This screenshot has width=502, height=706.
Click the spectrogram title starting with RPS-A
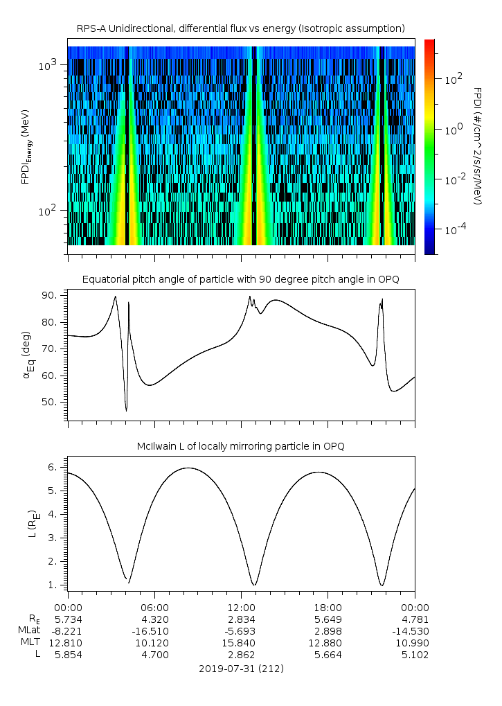point(240,28)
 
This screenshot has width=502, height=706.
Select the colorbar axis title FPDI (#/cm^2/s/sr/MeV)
point(478,146)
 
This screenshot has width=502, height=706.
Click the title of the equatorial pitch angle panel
point(240,279)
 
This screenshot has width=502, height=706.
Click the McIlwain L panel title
point(240,445)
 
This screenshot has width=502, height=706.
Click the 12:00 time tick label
point(241,608)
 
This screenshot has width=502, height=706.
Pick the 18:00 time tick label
point(328,608)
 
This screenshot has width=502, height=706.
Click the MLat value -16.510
point(154,630)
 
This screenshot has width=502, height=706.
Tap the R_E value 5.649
point(328,619)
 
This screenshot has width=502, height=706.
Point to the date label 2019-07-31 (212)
point(240,669)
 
